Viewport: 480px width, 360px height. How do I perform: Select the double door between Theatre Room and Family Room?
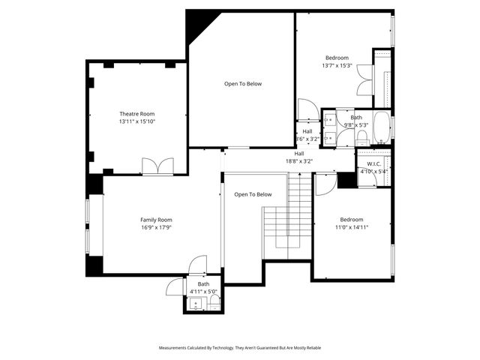point(157,166)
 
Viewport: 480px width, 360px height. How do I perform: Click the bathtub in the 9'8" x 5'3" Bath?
point(381,127)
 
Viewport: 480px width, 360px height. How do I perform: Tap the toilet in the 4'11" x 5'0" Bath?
point(214,302)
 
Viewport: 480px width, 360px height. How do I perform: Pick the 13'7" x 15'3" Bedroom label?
point(336,58)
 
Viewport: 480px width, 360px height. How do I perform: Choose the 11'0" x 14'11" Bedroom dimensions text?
point(351,226)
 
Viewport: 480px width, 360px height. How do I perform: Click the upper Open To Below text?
point(243,83)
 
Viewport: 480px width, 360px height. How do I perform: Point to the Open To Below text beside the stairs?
point(253,194)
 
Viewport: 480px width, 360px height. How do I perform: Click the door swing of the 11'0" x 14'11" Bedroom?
point(325,184)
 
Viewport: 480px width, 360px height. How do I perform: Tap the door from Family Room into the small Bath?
point(197,265)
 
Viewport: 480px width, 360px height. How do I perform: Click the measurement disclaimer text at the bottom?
point(239,348)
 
